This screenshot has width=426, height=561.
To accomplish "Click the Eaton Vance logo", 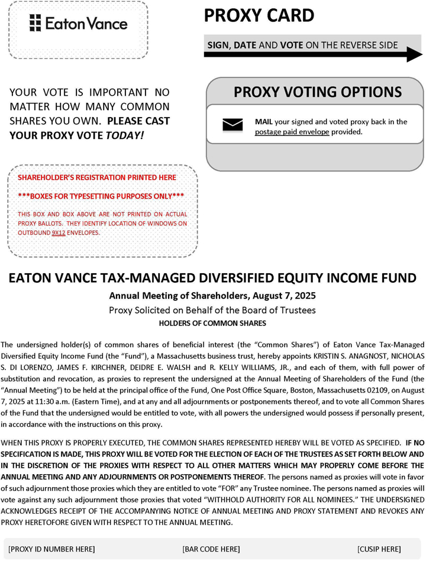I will tap(78, 24).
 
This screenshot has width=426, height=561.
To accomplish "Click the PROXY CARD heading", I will tap(259, 16).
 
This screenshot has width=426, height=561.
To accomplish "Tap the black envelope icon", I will tap(233, 125).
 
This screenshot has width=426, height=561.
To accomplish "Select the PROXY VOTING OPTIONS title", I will tap(317, 92).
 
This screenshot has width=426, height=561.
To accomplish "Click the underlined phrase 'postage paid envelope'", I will tap(292, 132).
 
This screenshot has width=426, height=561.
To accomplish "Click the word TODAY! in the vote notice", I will tap(124, 135).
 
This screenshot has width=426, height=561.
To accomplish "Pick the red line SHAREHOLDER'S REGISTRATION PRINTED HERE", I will tap(97, 177).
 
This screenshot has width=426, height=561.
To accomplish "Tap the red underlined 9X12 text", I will tap(59, 232).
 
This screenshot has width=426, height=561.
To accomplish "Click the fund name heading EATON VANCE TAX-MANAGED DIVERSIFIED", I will tap(212, 279).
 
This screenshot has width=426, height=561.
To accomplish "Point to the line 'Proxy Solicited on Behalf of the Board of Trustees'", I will tap(212, 310).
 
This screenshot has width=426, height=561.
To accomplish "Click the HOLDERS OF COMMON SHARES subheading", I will tap(212, 323).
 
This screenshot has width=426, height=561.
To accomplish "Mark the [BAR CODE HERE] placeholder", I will tap(211, 549).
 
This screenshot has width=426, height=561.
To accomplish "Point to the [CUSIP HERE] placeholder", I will tap(379, 549).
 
